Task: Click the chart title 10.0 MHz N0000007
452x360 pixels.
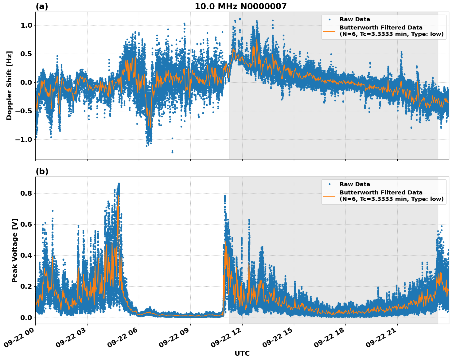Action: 240,6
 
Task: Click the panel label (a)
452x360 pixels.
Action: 42,6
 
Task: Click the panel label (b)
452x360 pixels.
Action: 42,171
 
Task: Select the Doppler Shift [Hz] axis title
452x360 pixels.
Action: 9,85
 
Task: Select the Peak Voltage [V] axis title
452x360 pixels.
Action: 15,250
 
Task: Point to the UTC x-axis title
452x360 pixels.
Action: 242,353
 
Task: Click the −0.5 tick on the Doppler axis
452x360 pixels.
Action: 25,111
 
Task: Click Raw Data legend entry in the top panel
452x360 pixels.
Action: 355,19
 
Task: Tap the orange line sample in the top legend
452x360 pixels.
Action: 329,31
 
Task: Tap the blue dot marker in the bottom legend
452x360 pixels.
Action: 329,184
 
